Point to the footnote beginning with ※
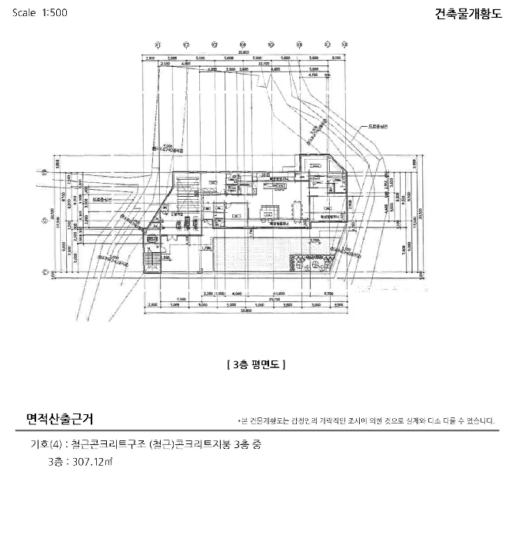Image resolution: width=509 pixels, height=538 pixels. pyautogui.click(x=367, y=421)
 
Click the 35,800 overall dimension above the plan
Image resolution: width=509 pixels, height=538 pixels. pyautogui.click(x=242, y=51)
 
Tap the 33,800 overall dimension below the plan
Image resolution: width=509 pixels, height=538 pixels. pyautogui.click(x=245, y=311)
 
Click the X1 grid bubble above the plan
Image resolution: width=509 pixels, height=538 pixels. pyautogui.click(x=157, y=44)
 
